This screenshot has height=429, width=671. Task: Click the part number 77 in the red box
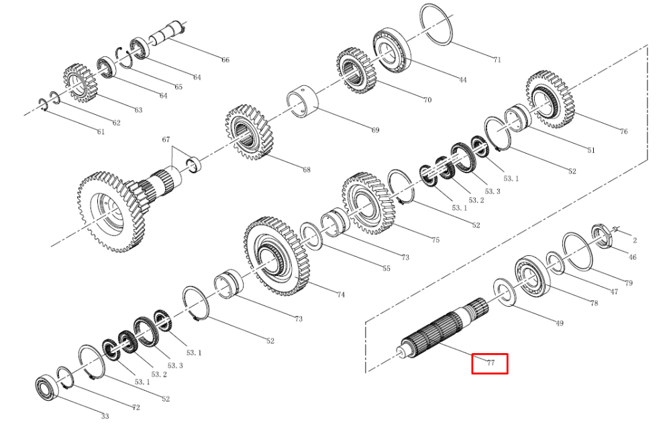point(491,363)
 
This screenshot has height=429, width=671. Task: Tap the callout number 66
point(225,60)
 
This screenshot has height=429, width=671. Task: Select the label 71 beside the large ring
point(497,60)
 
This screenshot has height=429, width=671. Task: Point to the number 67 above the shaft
point(166,140)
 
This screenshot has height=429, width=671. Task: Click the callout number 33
point(105,416)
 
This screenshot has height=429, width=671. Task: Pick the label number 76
point(623,132)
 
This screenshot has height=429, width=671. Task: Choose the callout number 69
point(375,130)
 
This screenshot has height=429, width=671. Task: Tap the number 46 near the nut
point(633,257)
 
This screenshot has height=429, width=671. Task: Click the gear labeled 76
point(550,100)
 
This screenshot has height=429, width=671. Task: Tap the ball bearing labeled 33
point(47,387)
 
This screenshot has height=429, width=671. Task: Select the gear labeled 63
point(81,83)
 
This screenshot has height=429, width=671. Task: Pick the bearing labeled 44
point(392,50)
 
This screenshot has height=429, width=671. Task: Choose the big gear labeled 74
point(276,256)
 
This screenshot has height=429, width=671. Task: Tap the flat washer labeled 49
point(506,293)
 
